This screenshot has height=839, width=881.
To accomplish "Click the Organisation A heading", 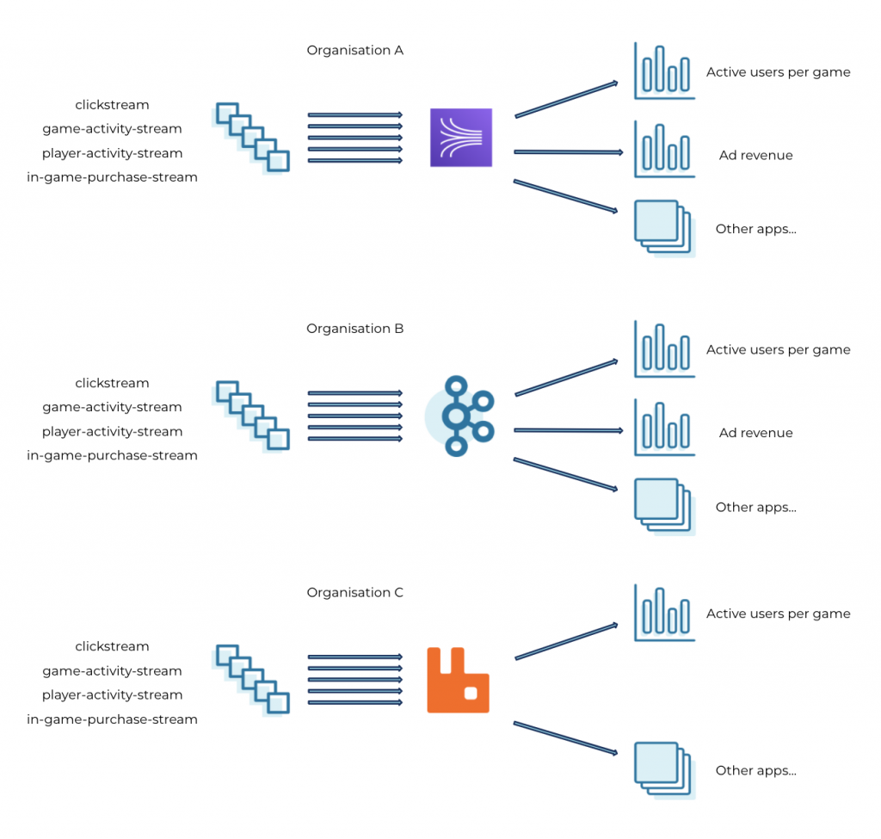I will [354, 51].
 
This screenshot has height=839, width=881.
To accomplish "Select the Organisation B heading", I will [354, 329].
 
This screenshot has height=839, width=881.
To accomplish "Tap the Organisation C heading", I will [354, 593].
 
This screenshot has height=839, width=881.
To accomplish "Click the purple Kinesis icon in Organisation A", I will [461, 138].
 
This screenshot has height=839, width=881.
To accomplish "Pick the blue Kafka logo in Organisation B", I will [462, 416].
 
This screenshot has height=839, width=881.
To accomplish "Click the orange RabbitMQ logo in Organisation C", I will [459, 680].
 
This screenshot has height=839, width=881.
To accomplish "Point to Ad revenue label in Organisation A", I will [755, 156].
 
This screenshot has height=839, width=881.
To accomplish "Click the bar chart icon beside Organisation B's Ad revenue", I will [663, 427].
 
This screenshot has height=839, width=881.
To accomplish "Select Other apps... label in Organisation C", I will [755, 771].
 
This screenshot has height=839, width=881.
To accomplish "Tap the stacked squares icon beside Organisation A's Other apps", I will [663, 227].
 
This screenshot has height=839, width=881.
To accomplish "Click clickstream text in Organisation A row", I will [112, 105].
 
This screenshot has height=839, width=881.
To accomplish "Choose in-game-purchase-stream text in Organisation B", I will [112, 455].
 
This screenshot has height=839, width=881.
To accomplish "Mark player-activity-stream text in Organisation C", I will [112, 694].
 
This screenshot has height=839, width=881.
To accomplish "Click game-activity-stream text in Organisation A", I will [112, 129].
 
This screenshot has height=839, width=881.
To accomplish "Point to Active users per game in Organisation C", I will [778, 614].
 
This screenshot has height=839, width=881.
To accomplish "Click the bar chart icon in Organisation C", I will [663, 613].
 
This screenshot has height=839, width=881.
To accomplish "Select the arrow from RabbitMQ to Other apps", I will [566, 739].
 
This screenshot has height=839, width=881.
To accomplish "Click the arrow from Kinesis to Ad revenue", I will [568, 152].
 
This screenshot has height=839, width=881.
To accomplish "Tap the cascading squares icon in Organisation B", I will [252, 416].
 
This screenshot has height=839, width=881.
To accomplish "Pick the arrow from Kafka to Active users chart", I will [566, 378].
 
